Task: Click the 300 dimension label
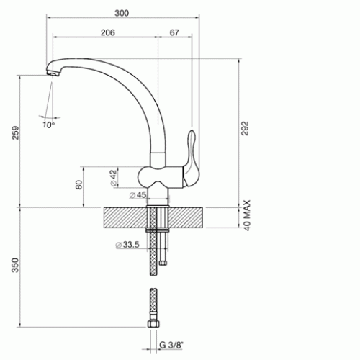tap(122, 13)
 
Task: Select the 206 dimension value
tap(108, 32)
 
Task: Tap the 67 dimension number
tap(174, 32)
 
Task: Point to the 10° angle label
tap(49, 125)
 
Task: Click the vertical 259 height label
tap(15, 132)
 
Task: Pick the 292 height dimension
tap(245, 128)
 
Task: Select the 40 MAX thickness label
tap(247, 215)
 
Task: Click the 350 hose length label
tap(15, 265)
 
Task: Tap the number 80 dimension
tap(78, 185)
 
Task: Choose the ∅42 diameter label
tap(114, 178)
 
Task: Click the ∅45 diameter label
tap(138, 195)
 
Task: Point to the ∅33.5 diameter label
tap(127, 245)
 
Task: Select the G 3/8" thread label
tap(171, 345)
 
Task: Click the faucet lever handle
tap(191, 158)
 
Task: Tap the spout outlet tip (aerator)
tap(53, 73)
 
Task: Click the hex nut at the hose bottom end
tap(153, 324)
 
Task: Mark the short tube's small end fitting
tap(163, 263)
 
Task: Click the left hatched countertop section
tap(125, 217)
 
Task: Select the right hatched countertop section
tap(186, 217)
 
